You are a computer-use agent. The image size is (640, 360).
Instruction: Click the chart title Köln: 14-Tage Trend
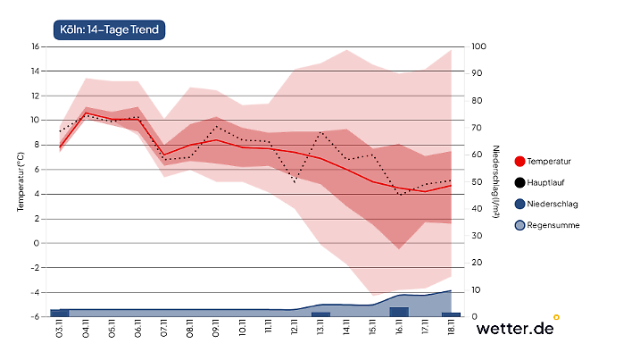110,30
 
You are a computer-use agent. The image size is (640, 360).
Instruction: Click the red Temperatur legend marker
520,162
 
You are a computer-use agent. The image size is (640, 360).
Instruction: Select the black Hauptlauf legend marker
520,183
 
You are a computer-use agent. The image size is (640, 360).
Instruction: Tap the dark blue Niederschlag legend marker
520,205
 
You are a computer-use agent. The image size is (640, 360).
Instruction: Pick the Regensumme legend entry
553,226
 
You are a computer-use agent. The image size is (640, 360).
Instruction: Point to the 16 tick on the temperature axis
37,46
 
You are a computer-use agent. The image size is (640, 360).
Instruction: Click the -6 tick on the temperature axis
37,317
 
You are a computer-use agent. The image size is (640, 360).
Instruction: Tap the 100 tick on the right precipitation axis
478,46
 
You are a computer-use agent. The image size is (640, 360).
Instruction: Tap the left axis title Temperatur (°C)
20,181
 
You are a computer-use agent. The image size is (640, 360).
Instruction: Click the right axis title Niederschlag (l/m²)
496,181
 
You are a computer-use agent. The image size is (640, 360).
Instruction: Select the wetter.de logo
516,328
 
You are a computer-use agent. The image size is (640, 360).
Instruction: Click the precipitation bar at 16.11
399,312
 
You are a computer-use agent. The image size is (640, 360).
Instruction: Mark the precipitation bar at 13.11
320,314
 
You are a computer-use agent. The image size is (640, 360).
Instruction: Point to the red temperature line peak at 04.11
86,113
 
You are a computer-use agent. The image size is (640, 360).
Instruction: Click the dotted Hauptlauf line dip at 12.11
295,182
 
